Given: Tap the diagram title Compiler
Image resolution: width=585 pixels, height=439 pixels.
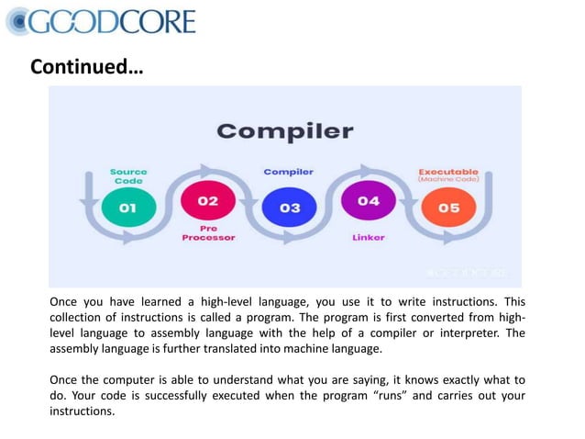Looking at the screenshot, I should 284,130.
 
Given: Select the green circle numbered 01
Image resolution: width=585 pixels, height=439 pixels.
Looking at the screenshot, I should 127,208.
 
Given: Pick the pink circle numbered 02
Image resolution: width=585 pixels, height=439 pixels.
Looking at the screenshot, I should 208,201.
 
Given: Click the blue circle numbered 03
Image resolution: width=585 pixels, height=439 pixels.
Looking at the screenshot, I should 289,208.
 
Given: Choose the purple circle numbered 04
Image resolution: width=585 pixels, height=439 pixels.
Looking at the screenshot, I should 369,201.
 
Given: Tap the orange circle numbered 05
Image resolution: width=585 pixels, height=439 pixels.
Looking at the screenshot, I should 448,208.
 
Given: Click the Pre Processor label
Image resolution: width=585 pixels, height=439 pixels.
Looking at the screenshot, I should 208,232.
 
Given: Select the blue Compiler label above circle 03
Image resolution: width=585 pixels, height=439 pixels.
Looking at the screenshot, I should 289,172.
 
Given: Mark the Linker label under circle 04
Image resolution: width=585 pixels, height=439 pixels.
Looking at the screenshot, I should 368,236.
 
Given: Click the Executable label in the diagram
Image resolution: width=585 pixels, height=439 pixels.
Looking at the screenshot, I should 448,171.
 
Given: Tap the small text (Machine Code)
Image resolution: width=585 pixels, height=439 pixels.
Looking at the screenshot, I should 448,179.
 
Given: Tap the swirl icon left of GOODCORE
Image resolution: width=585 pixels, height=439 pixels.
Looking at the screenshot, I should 19,20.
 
